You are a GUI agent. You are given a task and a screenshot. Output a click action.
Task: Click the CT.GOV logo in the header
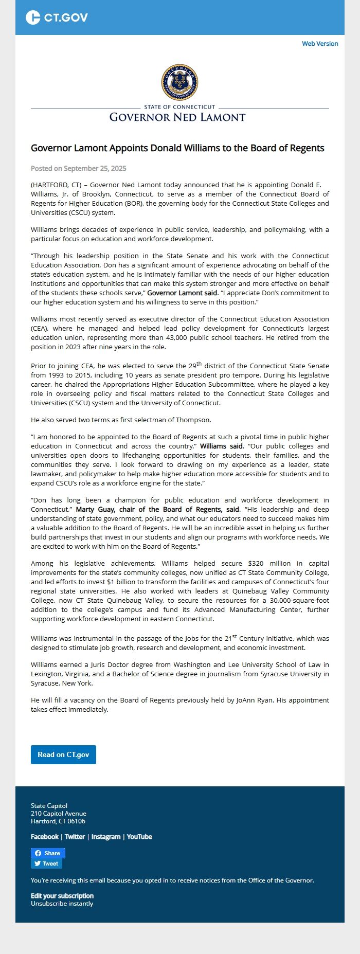57,17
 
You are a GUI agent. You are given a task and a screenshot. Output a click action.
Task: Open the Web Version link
320,44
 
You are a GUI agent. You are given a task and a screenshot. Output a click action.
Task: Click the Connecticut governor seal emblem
179,82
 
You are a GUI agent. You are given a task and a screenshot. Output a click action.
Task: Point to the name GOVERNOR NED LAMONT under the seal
177,117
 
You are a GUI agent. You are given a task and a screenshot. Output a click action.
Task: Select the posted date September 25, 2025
95,169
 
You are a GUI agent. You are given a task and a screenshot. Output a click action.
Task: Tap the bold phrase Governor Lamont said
182,293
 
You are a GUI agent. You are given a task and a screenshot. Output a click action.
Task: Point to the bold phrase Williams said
221,446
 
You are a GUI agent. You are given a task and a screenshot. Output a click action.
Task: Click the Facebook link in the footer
45,837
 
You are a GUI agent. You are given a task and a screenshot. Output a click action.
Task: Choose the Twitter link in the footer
75,837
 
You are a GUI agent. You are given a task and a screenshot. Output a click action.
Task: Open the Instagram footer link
106,837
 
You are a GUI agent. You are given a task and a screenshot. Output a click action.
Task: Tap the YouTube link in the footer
139,837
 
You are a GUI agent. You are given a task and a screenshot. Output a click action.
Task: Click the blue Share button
48,853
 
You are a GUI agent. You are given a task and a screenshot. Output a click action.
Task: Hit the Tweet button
46,863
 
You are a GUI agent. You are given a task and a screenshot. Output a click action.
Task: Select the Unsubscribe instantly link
62,904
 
